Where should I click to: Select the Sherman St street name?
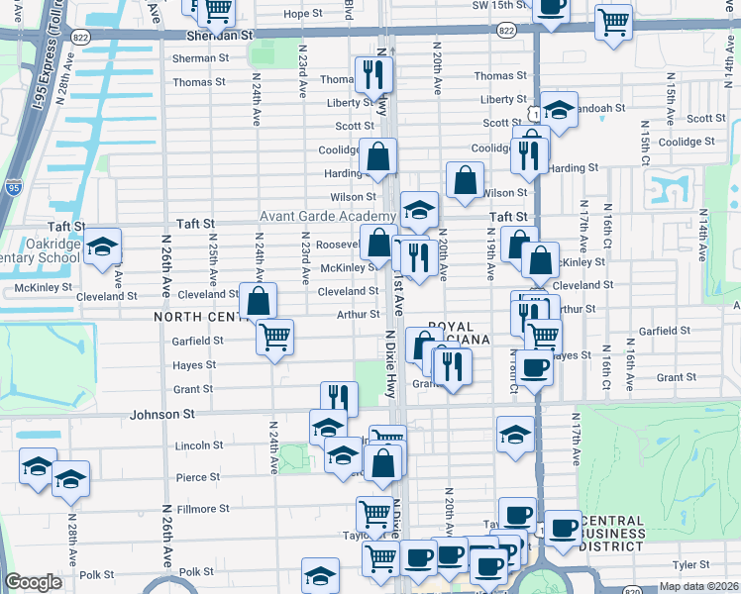(x=200, y=58)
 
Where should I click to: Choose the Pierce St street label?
(x=198, y=477)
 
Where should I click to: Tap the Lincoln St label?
(x=199, y=445)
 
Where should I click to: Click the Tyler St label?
(x=690, y=564)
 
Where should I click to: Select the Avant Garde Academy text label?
(x=328, y=217)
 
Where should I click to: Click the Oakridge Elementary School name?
(x=40, y=250)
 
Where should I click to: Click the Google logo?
(x=34, y=582)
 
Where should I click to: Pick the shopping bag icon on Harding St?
(x=377, y=155)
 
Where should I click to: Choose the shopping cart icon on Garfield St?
(x=274, y=336)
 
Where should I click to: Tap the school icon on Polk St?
(x=321, y=575)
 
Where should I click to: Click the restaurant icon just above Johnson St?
(x=339, y=398)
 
